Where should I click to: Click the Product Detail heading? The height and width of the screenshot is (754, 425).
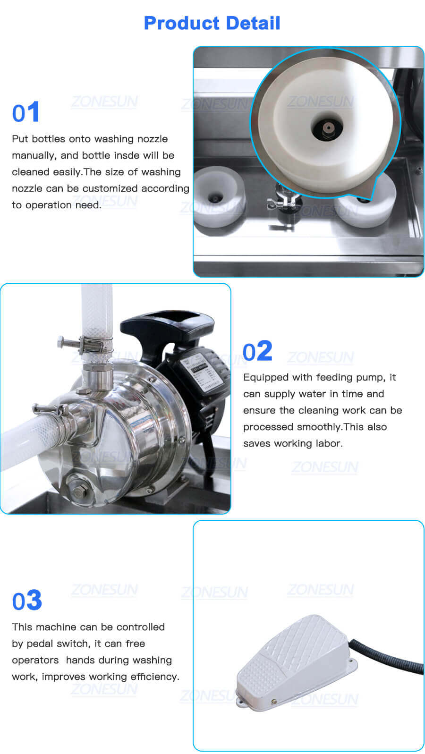tap(212, 23)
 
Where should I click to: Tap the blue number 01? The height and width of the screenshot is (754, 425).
tap(26, 113)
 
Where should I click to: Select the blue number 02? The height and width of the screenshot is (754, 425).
tap(257, 351)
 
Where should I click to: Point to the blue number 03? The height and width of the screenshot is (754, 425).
tap(27, 601)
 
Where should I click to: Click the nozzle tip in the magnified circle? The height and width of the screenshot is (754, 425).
tap(326, 127)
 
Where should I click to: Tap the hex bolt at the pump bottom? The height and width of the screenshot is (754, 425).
tap(78, 491)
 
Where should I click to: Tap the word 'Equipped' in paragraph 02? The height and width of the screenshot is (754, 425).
tap(266, 377)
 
